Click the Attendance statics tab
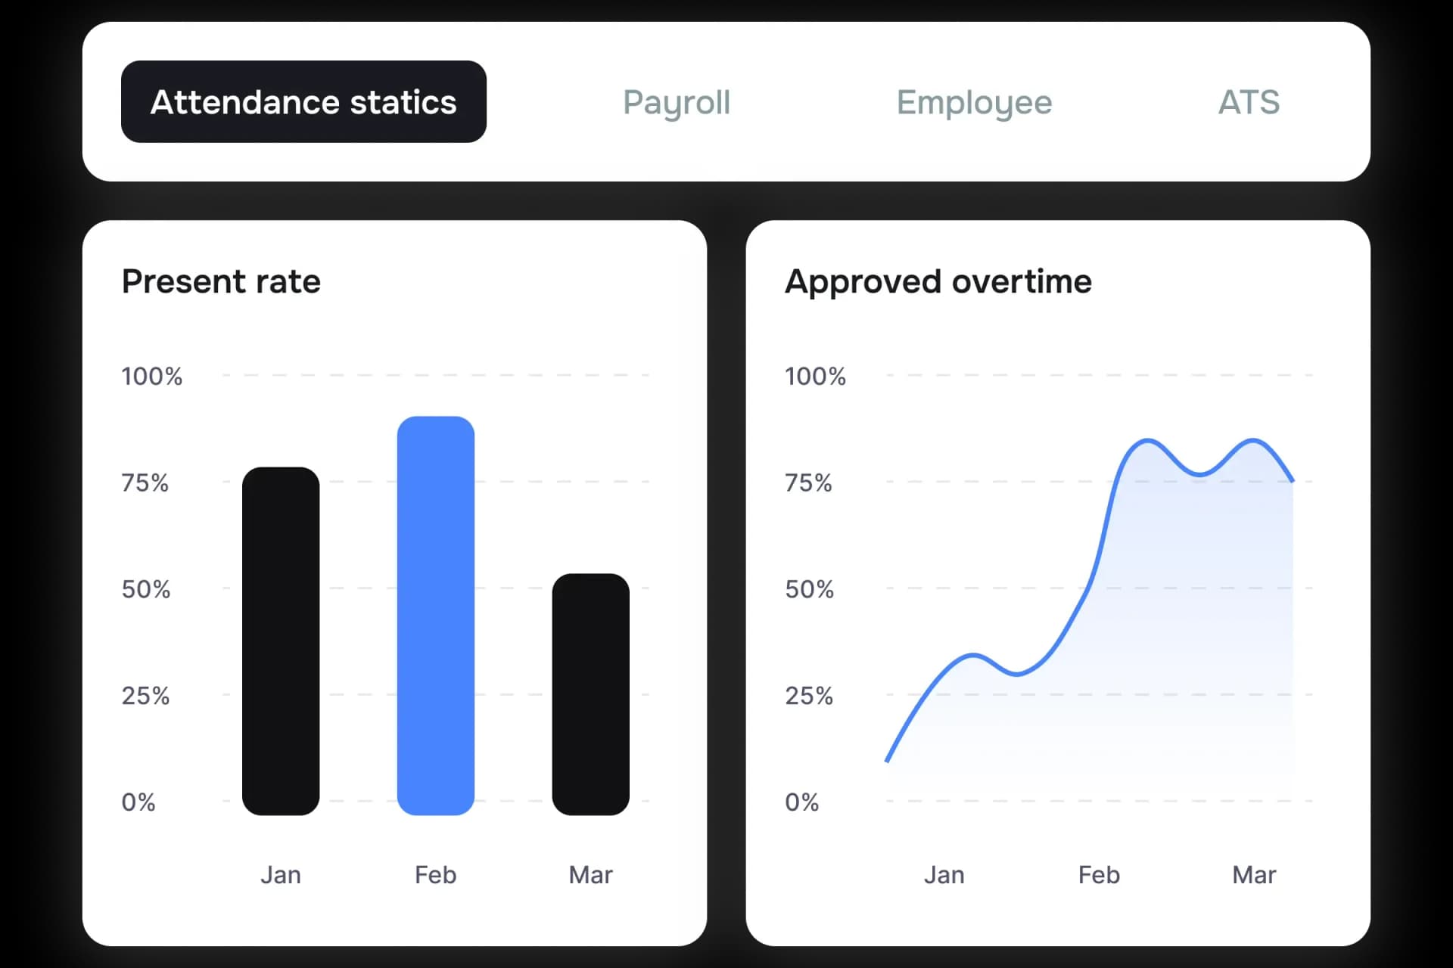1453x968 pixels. tap(303, 102)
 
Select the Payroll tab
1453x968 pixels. tap(677, 103)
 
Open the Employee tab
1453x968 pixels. tap(974, 103)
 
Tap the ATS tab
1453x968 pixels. tap(1249, 103)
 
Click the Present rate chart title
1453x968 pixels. tap(221, 281)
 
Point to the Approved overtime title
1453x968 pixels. tap(938, 281)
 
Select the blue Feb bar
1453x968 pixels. tap(436, 615)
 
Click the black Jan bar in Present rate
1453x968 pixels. tap(281, 641)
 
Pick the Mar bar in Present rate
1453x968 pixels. tap(590, 693)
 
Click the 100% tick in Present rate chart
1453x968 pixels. tap(152, 376)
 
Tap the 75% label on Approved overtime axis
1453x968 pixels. tap(808, 482)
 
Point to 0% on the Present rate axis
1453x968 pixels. tap(138, 802)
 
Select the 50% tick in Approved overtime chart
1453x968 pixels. tap(809, 589)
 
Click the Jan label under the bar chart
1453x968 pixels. tap(281, 875)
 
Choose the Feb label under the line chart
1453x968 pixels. tap(1099, 875)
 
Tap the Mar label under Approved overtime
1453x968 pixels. tap(1254, 875)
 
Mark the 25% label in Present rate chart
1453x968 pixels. tap(145, 696)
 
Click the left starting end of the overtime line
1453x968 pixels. tap(888, 759)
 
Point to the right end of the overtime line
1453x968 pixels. tap(1292, 479)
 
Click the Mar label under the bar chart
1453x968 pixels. tap(590, 875)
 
